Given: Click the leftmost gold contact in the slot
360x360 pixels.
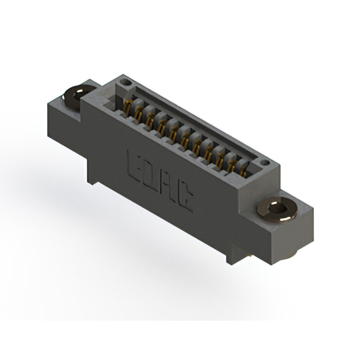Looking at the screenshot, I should (x=128, y=107).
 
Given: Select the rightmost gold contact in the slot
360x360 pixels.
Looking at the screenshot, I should (x=244, y=168).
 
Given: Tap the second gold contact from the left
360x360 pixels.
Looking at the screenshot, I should (x=139, y=113).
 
